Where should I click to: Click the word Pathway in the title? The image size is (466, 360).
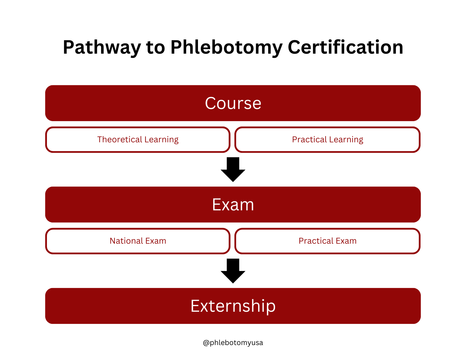pos(102,48)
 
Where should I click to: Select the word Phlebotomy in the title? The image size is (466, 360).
pos(227,48)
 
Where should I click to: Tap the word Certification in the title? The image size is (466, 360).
pos(345,47)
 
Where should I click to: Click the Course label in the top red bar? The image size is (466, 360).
pos(233,103)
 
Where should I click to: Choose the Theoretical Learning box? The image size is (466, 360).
pos(138,139)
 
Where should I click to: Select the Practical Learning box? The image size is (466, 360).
pos(327,139)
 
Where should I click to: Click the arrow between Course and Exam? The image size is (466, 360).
pos(233,169)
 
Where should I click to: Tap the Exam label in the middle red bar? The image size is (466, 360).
pos(233,204)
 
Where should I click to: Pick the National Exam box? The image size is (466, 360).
pos(138,241)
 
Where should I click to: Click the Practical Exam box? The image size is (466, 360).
pos(327,241)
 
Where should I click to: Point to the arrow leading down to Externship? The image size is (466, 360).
pos(233,271)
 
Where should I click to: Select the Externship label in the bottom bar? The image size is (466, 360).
pos(233,306)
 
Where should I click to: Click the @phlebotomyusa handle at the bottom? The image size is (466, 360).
pos(233,342)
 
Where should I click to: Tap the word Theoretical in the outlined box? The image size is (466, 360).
pos(120,139)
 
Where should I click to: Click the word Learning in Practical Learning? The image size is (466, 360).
pos(346,140)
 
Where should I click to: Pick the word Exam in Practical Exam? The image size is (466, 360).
pos(346,241)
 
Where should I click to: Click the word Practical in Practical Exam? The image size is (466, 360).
pos(316,241)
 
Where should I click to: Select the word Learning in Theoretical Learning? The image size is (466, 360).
pos(162,140)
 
